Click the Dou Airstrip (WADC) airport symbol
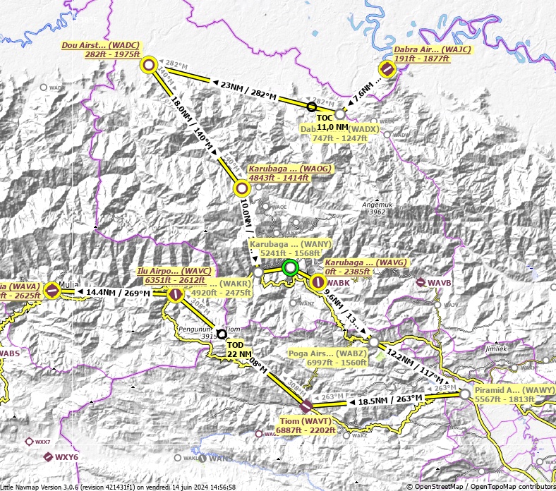click(149, 66)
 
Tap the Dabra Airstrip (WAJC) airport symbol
click(387, 68)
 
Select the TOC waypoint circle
click(312, 107)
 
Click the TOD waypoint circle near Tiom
click(222, 334)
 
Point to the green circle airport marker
click(289, 267)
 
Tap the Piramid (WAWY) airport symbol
click(464, 394)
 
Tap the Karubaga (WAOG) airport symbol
click(241, 188)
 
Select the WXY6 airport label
click(66, 457)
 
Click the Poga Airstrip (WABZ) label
click(327, 358)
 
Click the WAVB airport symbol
click(421, 283)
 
